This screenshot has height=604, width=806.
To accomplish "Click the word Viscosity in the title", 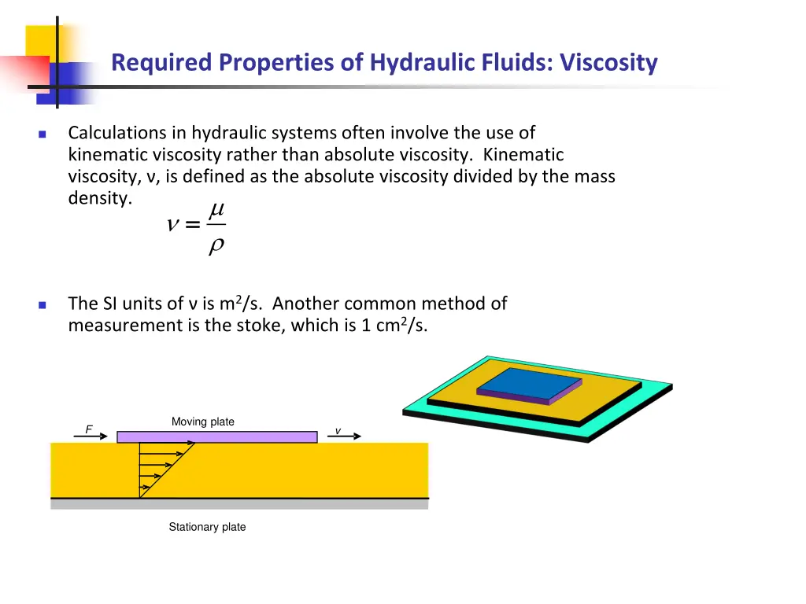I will coord(608,62).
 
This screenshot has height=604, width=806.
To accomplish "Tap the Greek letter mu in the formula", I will coord(216,210).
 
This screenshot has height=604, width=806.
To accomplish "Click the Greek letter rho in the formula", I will coord(216,246).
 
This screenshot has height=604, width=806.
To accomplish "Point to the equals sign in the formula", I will coord(192,226).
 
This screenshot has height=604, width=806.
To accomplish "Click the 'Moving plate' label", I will coord(202,422).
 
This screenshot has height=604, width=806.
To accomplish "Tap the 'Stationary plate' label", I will coord(207,527).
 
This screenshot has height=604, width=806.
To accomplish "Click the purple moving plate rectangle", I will coord(216,436).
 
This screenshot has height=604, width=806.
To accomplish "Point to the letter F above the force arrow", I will coord(89,429).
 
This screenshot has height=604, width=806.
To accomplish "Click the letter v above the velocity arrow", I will coord(338,430).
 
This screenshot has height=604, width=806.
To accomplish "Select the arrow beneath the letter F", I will coord(90,436).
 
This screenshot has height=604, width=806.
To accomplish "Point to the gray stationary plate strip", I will coord(239,504).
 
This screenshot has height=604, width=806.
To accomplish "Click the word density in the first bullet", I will coord(98,198).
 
